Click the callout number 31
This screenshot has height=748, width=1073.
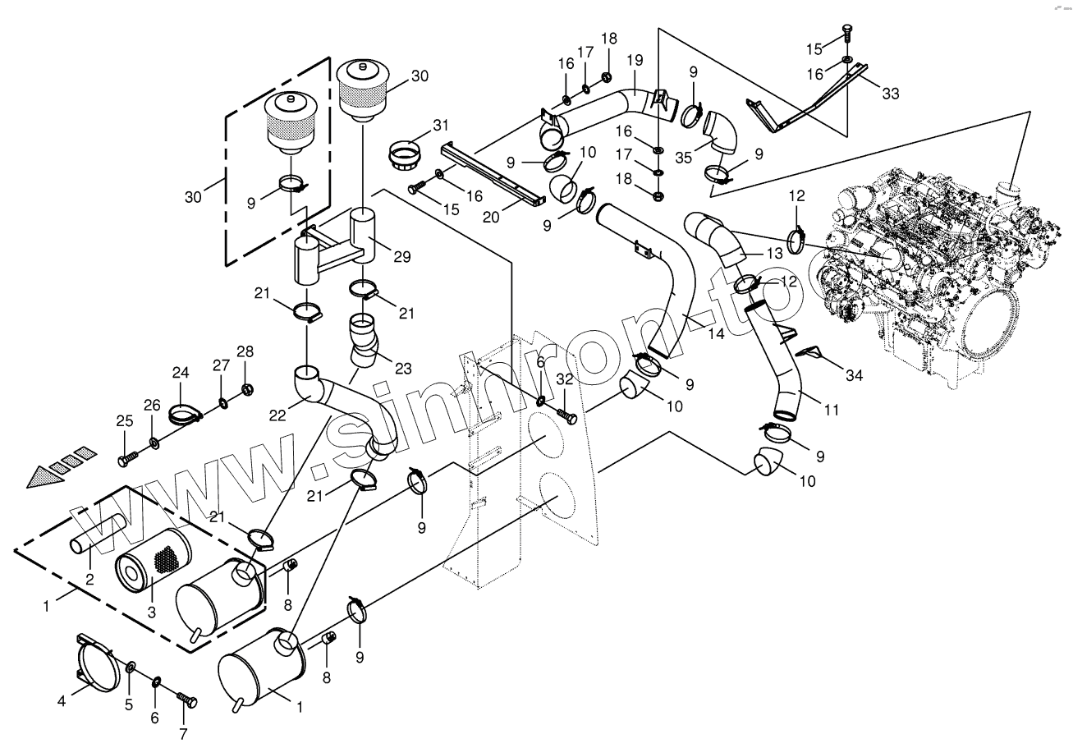click(x=441, y=125)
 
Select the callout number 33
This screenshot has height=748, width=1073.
click(x=891, y=94)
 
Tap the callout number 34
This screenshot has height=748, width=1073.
click(x=855, y=376)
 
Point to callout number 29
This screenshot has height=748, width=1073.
click(x=401, y=257)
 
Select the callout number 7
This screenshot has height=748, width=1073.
click(x=183, y=733)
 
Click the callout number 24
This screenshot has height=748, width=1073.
click(x=181, y=373)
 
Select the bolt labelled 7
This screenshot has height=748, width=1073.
click(x=188, y=700)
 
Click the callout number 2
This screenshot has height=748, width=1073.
click(x=90, y=579)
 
